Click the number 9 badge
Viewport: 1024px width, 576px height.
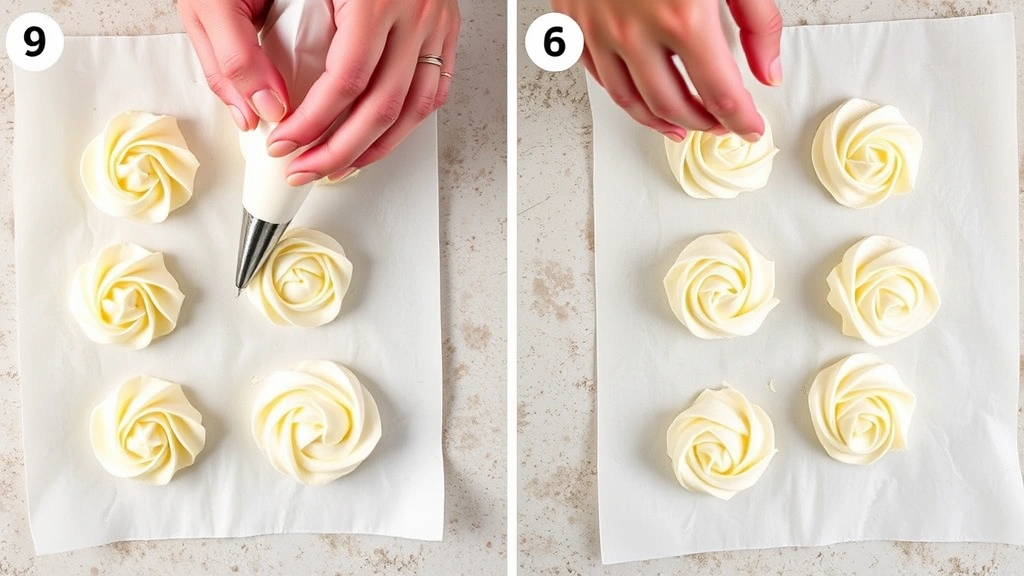(x=34, y=41)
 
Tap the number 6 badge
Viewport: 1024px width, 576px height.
(x=553, y=41)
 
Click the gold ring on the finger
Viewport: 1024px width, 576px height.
(x=431, y=61)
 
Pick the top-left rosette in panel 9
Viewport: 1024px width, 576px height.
(x=140, y=166)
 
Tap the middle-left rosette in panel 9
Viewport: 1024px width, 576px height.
(x=127, y=295)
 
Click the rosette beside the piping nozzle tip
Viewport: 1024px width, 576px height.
(x=302, y=277)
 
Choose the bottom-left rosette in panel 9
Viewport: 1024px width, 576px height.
(x=147, y=429)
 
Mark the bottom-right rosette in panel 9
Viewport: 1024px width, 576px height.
(x=316, y=422)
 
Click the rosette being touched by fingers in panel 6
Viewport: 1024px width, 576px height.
(x=720, y=165)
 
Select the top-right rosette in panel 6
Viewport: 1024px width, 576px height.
(x=866, y=153)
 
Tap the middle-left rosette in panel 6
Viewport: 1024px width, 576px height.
(x=721, y=285)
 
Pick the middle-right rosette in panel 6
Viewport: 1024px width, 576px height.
(x=883, y=290)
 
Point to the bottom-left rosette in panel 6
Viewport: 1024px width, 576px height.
(x=721, y=441)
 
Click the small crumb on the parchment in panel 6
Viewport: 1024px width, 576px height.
(x=771, y=384)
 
